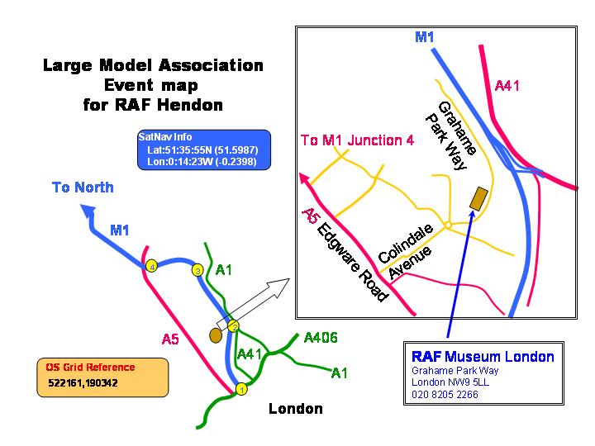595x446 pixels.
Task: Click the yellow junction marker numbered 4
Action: pos(151,267)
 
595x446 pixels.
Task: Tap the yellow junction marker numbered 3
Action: pos(197,270)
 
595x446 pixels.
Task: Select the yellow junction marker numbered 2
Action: pos(234,326)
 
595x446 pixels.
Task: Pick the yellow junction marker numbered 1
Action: pos(241,389)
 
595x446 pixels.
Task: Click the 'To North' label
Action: pos(83,187)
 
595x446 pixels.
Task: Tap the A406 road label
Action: pos(321,338)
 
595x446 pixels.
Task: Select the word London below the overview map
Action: pos(296,409)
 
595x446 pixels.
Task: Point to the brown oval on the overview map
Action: pos(216,335)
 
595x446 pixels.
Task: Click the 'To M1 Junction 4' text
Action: pos(357,140)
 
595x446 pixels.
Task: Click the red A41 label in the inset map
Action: pos(507,86)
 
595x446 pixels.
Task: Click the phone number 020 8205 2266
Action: pos(445,395)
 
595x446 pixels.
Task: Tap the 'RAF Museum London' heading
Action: pos(483,357)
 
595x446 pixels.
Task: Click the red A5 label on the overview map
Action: pos(170,338)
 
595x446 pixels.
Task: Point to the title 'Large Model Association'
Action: pos(153,65)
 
